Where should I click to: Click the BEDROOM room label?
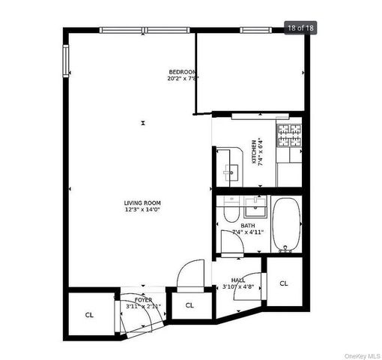coord(183,71)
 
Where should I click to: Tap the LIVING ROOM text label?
coord(142,202)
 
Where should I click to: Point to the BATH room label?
coord(248,225)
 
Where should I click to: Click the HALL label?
coord(238,280)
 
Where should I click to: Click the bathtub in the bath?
coord(285,223)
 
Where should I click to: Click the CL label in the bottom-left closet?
coord(88,315)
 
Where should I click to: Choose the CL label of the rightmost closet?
coord(284,283)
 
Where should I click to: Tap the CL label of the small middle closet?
coord(190,305)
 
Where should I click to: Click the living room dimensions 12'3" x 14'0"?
coord(142,209)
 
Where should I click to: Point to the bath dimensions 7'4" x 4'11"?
coord(247,232)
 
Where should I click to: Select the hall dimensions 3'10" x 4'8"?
coord(238,286)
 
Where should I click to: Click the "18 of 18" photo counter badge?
coord(302,28)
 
